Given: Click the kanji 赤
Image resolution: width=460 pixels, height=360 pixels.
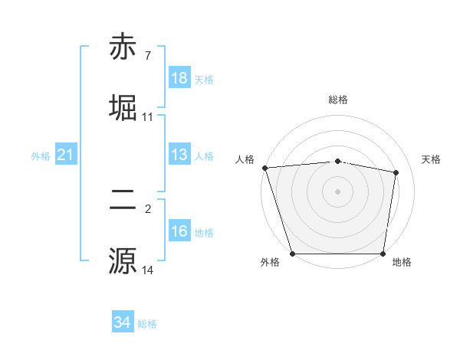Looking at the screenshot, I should (123, 47).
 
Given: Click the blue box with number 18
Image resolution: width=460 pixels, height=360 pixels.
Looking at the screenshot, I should (179, 78).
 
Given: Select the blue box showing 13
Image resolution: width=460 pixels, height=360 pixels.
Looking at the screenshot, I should (179, 155).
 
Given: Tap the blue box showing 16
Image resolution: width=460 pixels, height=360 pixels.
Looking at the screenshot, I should (179, 231).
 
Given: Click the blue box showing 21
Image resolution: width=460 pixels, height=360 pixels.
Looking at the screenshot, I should (66, 155).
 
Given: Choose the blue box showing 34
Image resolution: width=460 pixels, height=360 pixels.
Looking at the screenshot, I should (123, 322).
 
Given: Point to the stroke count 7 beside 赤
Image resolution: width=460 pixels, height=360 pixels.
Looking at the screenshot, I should (147, 56).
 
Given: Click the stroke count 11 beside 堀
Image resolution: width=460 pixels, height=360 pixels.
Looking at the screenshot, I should (147, 117).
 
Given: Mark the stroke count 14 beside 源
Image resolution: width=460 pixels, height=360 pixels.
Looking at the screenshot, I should (147, 270).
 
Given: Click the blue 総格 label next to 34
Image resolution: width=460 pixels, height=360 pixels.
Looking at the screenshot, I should (147, 324).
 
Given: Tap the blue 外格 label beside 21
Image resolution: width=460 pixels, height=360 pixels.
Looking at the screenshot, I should (41, 156).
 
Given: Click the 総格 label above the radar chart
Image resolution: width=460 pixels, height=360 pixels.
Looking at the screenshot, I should (338, 100).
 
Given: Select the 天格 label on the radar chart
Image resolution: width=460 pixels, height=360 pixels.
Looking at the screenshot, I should (432, 159).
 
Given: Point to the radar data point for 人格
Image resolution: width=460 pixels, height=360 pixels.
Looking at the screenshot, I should (264, 168).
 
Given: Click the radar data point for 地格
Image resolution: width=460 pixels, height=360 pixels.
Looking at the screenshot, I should (383, 254).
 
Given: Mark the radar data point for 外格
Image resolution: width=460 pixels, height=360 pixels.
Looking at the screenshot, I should (293, 254).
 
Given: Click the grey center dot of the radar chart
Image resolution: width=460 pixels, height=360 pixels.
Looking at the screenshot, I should (338, 191).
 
